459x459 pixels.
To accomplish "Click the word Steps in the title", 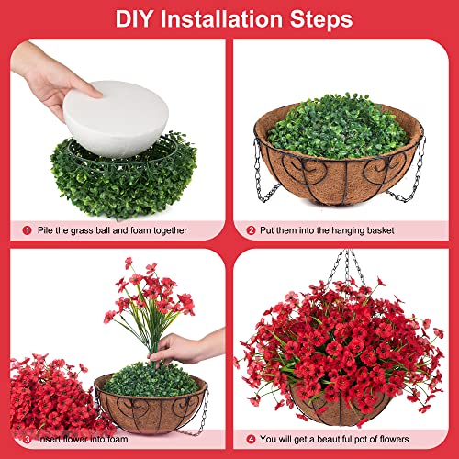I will point(321,19).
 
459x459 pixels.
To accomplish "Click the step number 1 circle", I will point(27,230).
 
